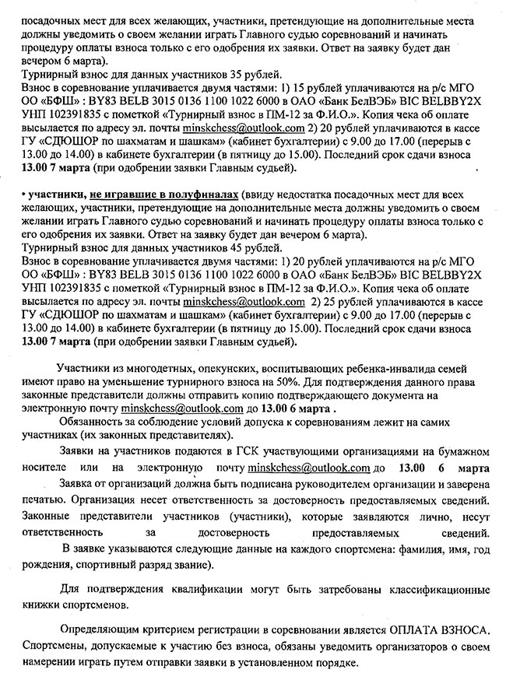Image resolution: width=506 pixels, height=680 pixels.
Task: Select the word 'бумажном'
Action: coord(465,452)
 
